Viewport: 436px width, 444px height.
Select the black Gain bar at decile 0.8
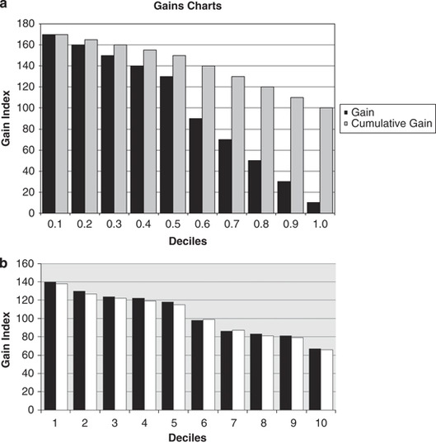coord(254,187)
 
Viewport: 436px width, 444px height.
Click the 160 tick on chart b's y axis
coord(25,265)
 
